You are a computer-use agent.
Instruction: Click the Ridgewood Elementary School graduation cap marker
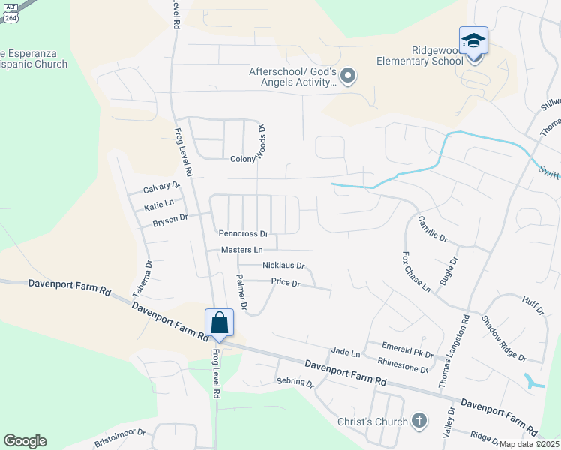pyautogui.click(x=473, y=40)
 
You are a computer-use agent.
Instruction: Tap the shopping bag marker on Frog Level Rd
pyautogui.click(x=219, y=322)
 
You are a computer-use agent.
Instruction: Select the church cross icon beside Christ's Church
pyautogui.click(x=418, y=421)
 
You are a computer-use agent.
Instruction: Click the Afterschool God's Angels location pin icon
pyautogui.click(x=347, y=76)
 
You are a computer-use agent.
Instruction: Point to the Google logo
pyautogui.click(x=25, y=441)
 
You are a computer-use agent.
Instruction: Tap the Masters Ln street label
pyautogui.click(x=242, y=250)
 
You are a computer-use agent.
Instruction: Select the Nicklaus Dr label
pyautogui.click(x=283, y=265)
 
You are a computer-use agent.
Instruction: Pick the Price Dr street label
pyautogui.click(x=286, y=283)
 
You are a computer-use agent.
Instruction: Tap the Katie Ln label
pyautogui.click(x=159, y=203)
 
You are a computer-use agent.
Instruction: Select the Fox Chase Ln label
pyautogui.click(x=416, y=271)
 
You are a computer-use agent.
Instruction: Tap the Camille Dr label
pyautogui.click(x=433, y=227)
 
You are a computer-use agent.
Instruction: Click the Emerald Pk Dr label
pyautogui.click(x=408, y=350)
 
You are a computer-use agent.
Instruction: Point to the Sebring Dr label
pyautogui.click(x=295, y=382)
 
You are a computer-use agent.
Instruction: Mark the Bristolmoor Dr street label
pyautogui.click(x=120, y=438)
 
